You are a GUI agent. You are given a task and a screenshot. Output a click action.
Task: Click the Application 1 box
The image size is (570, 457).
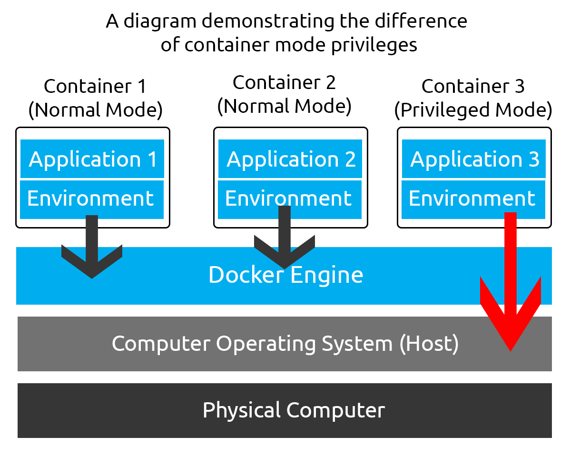tap(92, 159)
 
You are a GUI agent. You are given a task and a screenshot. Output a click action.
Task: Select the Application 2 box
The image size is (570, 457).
tap(290, 159)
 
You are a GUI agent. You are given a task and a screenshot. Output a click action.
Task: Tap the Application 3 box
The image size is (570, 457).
tap(474, 159)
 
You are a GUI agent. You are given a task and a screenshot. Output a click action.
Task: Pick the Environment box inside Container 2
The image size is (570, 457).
tap(289, 199)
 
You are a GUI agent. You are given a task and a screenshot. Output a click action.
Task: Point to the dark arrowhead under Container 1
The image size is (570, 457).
tap(92, 267)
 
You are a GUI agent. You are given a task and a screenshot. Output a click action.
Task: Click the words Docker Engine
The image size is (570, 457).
tap(285, 275)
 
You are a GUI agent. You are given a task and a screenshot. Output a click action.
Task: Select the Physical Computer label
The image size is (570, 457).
tap(294, 410)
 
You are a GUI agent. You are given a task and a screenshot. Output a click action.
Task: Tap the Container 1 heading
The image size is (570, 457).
tap(95, 86)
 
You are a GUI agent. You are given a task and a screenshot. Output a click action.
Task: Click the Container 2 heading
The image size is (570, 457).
tap(284, 83)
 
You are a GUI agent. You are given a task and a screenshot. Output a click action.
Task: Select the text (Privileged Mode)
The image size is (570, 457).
tap(473, 110)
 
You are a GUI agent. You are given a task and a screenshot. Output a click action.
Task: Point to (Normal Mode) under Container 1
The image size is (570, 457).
tap(95, 110)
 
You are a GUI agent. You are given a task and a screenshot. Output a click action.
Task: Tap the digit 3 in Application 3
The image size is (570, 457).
tap(533, 159)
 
